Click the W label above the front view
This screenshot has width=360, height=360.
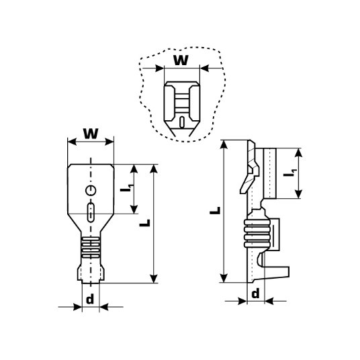coord(91,134)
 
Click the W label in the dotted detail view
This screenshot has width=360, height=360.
coord(181,60)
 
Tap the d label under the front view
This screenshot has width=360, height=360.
coord(90,299)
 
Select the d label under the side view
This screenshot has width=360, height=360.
coord(255,294)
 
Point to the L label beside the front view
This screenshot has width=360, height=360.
coord(145,223)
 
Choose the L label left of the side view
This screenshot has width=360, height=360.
coord(215,210)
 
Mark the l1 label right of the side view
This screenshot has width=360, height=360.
coord(289,173)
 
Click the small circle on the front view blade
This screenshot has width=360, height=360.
coord(91,190)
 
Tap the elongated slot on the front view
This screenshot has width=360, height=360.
coord(91,212)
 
